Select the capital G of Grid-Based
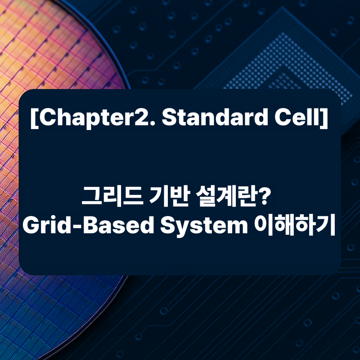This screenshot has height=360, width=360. tap(31, 226)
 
